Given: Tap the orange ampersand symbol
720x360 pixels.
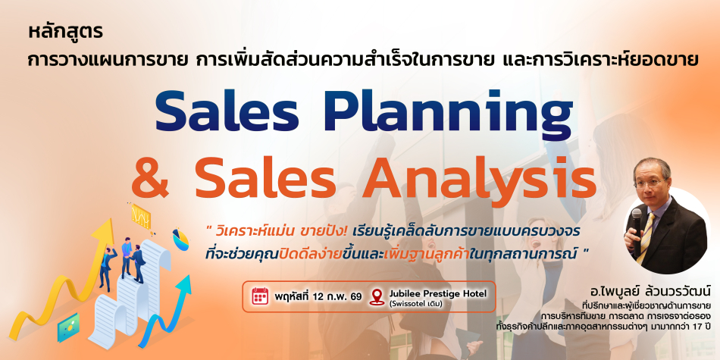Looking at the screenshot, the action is pos(156,177).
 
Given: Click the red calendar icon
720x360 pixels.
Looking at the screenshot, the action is pos(260,296).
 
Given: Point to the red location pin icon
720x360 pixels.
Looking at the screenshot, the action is pos(377,296).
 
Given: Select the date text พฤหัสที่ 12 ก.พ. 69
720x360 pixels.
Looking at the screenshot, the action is pos(318,296).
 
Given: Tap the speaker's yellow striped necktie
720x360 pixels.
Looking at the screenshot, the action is pos(645,238).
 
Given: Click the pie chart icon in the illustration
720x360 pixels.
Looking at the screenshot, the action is pos(180,239).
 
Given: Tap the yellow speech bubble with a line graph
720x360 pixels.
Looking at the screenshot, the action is pos(141,214).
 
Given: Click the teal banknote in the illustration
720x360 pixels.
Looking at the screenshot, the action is pos(69,328).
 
